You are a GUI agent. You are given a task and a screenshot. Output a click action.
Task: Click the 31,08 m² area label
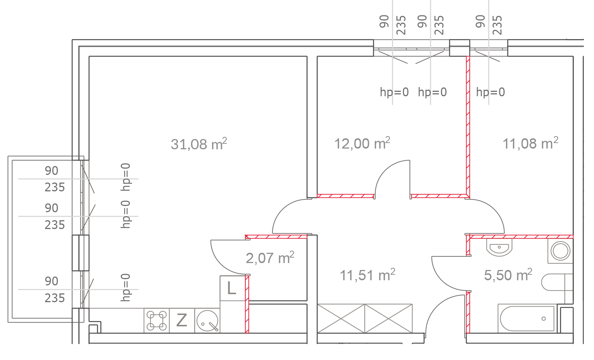tap(199, 144)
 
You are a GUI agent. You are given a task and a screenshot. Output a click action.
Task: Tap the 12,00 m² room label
tap(362, 143)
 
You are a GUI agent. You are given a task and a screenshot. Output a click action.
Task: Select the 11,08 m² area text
tap(530, 143)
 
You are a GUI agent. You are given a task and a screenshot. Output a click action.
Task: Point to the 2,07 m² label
tap(270, 258)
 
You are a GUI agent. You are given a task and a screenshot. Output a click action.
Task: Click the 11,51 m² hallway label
tap(368, 275)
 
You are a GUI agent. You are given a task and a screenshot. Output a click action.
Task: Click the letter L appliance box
tap(232, 288)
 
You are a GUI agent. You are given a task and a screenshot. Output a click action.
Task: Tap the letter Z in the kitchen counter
tap(182, 320)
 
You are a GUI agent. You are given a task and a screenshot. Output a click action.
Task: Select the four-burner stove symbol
tap(157, 320)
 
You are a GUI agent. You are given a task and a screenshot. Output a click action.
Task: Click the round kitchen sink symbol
tap(207, 321)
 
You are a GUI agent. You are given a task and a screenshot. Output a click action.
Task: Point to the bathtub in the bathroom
tap(527, 318)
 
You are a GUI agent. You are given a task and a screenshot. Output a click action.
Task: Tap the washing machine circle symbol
tap(560, 251)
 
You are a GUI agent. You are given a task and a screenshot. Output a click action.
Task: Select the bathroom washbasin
tap(499, 247)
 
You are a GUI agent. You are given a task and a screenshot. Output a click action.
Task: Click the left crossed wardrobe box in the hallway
tap(341, 318)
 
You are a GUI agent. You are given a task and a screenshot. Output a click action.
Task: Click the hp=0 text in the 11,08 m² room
tap(490, 92)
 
